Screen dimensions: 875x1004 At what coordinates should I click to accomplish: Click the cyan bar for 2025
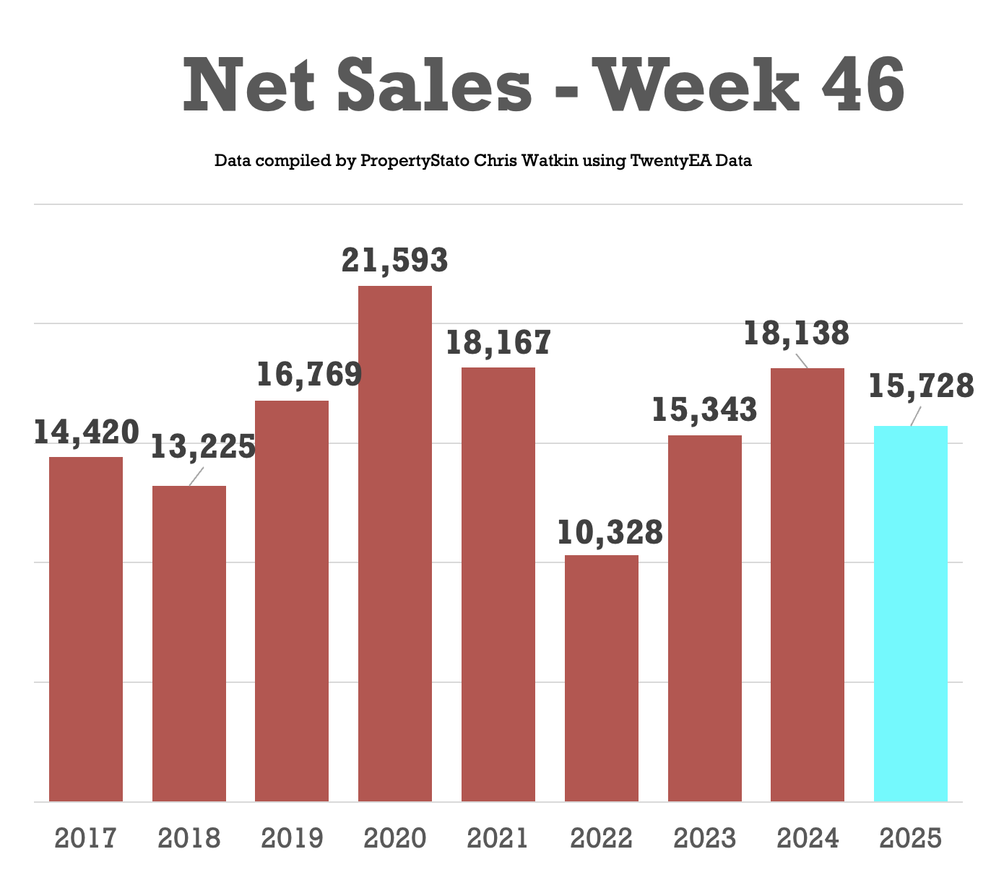click(x=910, y=614)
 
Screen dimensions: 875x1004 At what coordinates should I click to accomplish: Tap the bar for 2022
click(x=601, y=678)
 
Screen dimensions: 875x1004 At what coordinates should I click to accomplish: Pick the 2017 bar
click(x=86, y=629)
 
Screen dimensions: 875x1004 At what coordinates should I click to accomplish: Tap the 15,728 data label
click(x=921, y=387)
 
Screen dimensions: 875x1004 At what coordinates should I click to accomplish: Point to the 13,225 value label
click(x=203, y=447)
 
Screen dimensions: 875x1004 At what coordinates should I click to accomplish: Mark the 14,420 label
click(x=86, y=432)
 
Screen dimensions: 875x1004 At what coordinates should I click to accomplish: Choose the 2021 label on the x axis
click(x=498, y=839)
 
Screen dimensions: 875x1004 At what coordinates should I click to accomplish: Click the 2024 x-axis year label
click(x=808, y=839)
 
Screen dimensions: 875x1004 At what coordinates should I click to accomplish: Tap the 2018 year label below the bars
click(x=189, y=839)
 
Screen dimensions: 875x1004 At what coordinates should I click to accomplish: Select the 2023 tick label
click(x=704, y=839)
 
